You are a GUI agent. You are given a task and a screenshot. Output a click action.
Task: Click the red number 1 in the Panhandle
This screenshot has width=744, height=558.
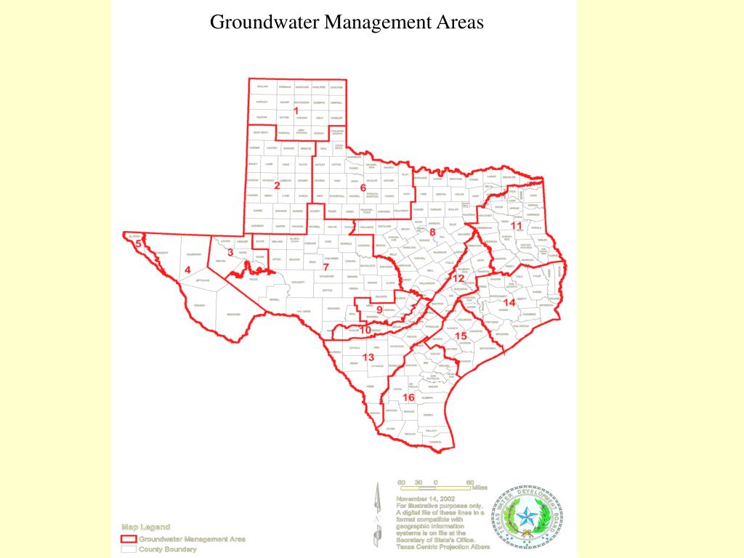coord(296,110)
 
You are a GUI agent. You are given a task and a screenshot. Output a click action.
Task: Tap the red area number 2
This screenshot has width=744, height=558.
coord(277,185)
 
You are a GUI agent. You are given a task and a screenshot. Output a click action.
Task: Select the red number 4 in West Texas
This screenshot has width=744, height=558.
coord(187,270)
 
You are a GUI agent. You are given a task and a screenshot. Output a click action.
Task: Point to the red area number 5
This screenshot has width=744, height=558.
coord(138,243)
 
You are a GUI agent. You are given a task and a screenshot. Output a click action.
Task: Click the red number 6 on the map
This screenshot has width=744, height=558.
coord(363,187)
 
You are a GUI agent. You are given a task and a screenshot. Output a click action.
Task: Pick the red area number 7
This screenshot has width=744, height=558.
coord(325,267)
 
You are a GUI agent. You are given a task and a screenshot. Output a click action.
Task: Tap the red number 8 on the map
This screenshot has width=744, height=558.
coord(432,232)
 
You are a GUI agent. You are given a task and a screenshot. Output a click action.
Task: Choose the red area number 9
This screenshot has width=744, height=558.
coord(379,310)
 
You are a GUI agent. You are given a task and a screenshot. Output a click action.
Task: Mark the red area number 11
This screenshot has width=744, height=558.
coord(517,226)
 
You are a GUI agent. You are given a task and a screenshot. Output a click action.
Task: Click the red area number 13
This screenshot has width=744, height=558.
coord(368,357)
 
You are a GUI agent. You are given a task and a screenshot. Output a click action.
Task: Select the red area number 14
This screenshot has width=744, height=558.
coord(509,302)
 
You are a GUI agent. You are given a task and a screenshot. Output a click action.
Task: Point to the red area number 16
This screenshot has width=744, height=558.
coord(409,397)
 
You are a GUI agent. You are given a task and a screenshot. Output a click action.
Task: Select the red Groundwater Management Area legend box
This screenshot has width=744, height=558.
coord(129,539)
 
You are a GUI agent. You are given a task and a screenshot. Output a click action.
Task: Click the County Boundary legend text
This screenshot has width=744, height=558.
coord(168,549)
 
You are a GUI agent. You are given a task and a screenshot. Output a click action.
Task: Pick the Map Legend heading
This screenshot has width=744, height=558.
coord(145,527)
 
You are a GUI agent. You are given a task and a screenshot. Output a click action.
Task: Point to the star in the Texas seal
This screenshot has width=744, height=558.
coord(527,519)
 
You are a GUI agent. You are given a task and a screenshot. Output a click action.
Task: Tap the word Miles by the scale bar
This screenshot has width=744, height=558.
coord(480,488)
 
